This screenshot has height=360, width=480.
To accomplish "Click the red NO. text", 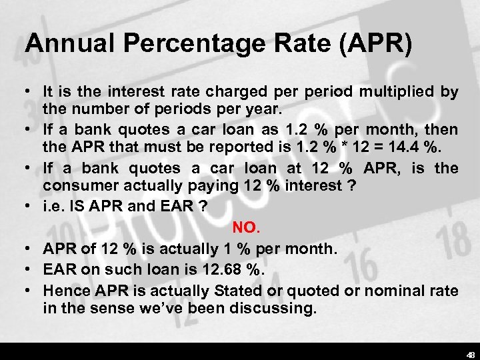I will pos(245,228).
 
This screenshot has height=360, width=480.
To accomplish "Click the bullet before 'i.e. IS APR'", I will pos(30,207).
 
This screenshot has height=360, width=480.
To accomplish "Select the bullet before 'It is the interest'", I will pos(30,92).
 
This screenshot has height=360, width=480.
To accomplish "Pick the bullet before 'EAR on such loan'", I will pos(30,270).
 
